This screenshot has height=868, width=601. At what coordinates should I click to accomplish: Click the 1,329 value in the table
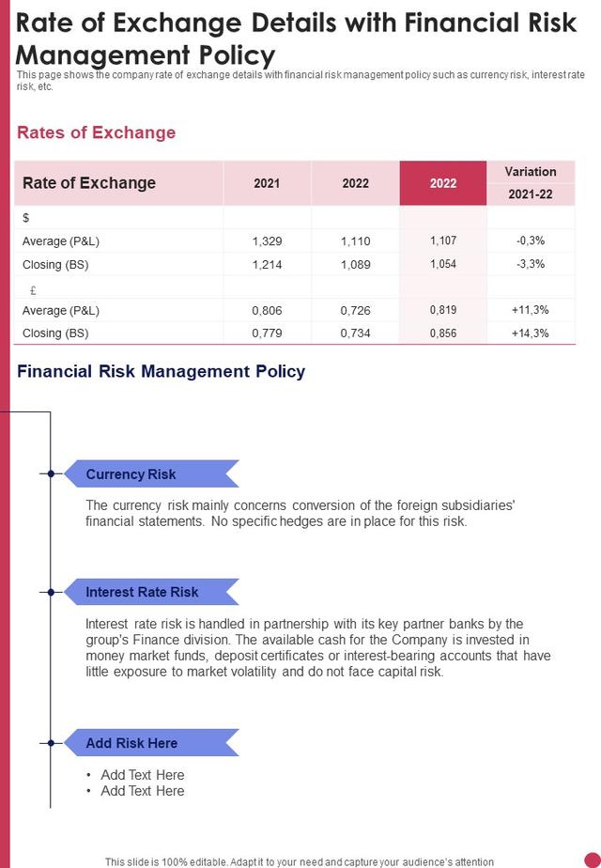267,241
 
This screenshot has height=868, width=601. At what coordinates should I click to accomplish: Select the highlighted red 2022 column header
442,183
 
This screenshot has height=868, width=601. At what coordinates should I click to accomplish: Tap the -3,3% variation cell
531,264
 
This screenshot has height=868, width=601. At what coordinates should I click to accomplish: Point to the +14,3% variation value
531,333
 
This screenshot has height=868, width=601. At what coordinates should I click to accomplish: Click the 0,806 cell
267,311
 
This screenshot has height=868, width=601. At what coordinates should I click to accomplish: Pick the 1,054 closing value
442,264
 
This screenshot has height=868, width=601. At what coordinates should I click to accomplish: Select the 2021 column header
267,183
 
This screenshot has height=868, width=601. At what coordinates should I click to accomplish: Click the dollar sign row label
26,218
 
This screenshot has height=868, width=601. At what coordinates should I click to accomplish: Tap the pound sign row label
33,290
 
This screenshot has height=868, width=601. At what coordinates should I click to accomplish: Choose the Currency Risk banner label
131,474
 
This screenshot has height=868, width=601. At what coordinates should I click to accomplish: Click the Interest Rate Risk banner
151,592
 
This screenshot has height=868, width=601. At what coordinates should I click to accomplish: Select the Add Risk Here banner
151,743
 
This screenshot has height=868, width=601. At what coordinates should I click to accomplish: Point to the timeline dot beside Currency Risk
51,473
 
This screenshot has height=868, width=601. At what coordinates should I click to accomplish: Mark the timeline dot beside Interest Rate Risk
51,592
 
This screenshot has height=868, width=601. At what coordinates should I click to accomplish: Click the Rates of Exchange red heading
97,132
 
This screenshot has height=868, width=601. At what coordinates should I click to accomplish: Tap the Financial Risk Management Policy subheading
161,371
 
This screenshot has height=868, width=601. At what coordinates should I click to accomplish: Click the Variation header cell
531,172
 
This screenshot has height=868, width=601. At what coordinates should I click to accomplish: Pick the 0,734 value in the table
355,333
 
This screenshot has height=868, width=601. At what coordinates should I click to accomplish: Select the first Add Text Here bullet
142,774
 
